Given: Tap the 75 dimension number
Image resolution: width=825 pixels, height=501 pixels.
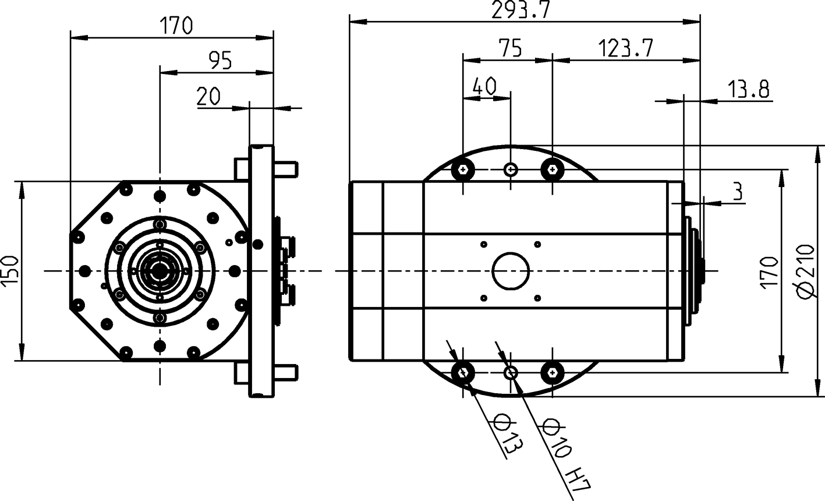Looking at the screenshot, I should (x=511, y=48).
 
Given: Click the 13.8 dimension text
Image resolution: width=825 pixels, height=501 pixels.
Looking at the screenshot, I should (x=748, y=90).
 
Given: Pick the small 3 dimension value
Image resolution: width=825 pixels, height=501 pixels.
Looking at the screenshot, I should (x=738, y=192).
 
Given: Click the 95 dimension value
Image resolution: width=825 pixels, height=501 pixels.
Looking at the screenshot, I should (x=220, y=61).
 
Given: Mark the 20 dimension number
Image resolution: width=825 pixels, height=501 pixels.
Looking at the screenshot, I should (x=208, y=97).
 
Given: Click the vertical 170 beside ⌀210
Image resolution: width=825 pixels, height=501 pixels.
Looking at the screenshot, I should (x=769, y=271).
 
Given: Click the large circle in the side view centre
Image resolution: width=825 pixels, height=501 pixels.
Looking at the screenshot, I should (x=511, y=271).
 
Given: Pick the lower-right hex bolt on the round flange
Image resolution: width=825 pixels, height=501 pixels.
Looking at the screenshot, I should (x=551, y=372).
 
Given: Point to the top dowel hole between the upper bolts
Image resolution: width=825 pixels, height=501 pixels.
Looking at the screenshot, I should (x=511, y=170).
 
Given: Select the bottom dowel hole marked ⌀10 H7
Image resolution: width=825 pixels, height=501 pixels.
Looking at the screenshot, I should (x=511, y=372).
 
